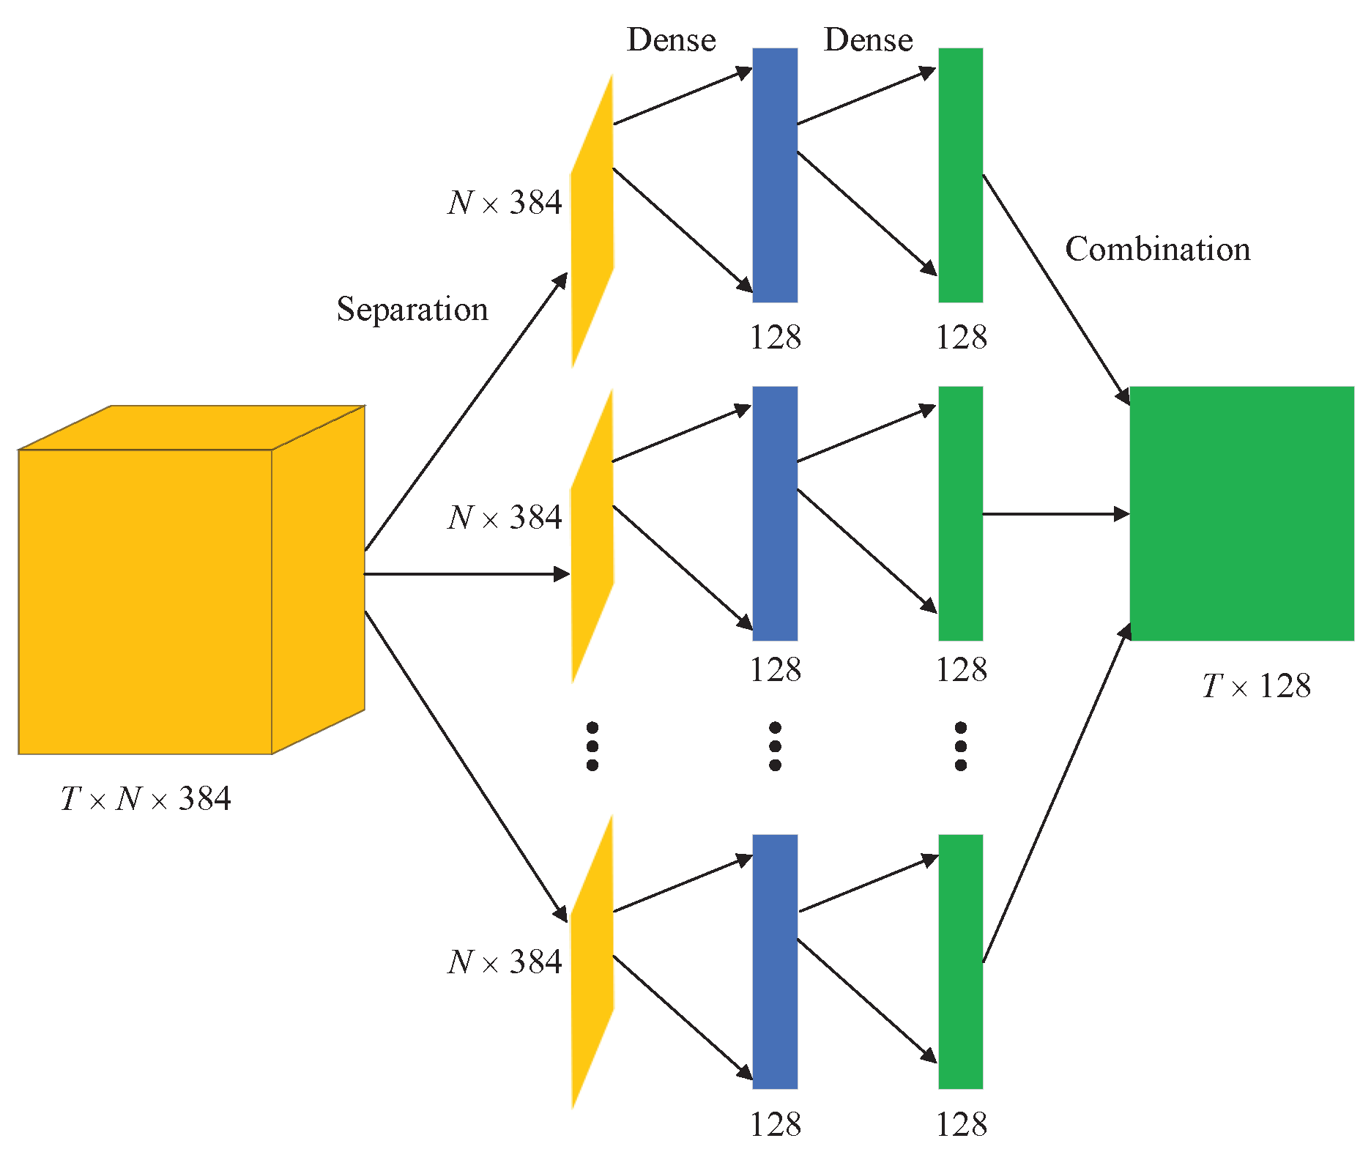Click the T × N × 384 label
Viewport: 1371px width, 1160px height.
coord(146,798)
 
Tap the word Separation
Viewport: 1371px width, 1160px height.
coord(412,309)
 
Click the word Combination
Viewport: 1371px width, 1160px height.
coord(1157,249)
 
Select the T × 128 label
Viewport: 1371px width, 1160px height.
coord(1256,686)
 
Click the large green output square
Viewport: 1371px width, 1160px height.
coord(1241,513)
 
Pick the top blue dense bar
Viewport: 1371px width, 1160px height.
coord(775,175)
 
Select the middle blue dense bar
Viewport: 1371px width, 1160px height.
coord(775,513)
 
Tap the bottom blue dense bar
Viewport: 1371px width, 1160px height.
coord(775,962)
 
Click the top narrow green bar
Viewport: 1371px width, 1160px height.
coord(960,175)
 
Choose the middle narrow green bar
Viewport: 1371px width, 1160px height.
coord(960,513)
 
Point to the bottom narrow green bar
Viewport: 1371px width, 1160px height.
coord(960,962)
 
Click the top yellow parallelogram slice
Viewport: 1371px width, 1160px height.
coord(592,220)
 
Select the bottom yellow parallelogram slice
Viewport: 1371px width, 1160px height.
coord(592,961)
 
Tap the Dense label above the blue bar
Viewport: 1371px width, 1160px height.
coord(671,40)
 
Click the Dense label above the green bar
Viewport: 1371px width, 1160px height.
coord(868,40)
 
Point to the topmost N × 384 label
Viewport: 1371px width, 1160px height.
coord(505,202)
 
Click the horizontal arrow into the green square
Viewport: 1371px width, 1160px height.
coord(1055,514)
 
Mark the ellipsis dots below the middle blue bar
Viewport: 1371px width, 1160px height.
coord(775,746)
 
